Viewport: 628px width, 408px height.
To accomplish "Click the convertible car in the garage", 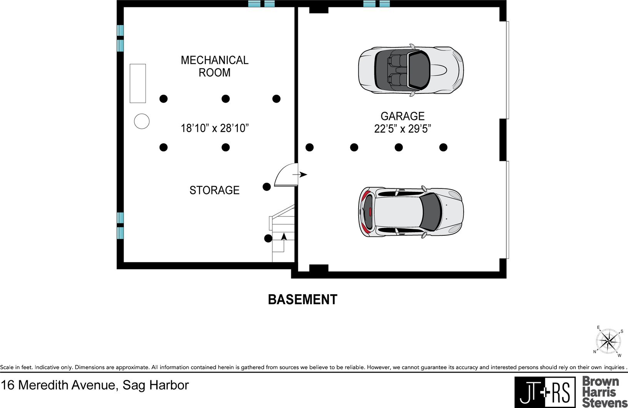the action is (411, 70).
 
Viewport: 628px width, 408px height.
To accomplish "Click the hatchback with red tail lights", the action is (411, 212).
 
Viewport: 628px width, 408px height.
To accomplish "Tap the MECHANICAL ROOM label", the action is (214, 67).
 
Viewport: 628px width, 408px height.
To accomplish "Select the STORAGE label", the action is (214, 190).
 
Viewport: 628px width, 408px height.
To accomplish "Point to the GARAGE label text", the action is (403, 116).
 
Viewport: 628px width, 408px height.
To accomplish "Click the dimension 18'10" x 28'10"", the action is (215, 128).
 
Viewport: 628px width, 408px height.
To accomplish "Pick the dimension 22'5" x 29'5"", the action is (403, 129).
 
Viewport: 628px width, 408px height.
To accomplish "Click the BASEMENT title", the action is (302, 300).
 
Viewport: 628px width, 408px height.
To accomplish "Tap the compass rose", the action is (608, 341).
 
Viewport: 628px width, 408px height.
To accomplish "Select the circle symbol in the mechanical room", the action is (142, 121).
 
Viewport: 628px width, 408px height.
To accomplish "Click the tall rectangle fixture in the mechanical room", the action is (138, 83).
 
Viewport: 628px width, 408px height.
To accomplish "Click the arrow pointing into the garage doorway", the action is (300, 175).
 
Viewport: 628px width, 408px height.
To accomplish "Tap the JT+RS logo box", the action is (545, 392).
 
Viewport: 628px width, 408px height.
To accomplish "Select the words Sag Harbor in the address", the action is (155, 385).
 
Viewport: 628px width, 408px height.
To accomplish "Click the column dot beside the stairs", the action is (268, 238).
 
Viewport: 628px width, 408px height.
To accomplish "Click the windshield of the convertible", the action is (419, 70).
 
